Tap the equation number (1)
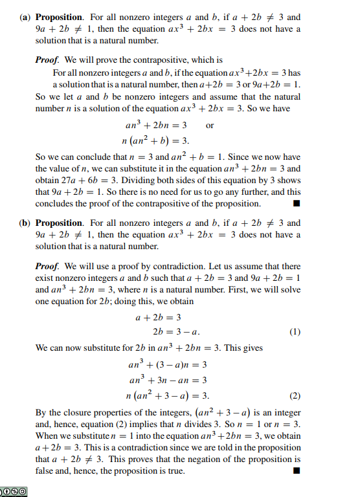[x=295, y=332]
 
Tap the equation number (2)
[x=295, y=395]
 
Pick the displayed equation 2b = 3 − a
[x=177, y=332]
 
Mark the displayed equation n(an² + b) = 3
[x=155, y=140]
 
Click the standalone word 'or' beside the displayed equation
[x=209, y=126]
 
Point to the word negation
[x=211, y=459]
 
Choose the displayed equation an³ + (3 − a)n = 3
[x=168, y=364]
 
